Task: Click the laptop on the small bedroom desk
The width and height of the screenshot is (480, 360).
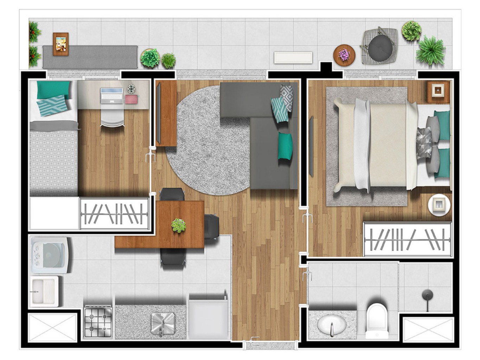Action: click(111, 96)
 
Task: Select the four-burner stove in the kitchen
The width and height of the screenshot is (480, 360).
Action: click(98, 322)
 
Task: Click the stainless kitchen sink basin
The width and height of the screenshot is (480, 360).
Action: click(163, 323)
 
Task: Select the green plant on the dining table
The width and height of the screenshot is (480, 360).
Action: click(179, 225)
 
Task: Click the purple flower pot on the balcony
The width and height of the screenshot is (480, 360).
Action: click(344, 55)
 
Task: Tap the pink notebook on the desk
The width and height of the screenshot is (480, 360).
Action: click(131, 99)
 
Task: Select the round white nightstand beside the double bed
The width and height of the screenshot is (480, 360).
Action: click(439, 204)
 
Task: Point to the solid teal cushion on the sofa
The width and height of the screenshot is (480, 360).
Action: click(285, 146)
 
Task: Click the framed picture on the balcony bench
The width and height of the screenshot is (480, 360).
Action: click(60, 44)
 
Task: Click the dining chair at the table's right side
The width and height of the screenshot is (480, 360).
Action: click(212, 227)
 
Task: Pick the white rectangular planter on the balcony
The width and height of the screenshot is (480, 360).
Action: click(293, 57)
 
